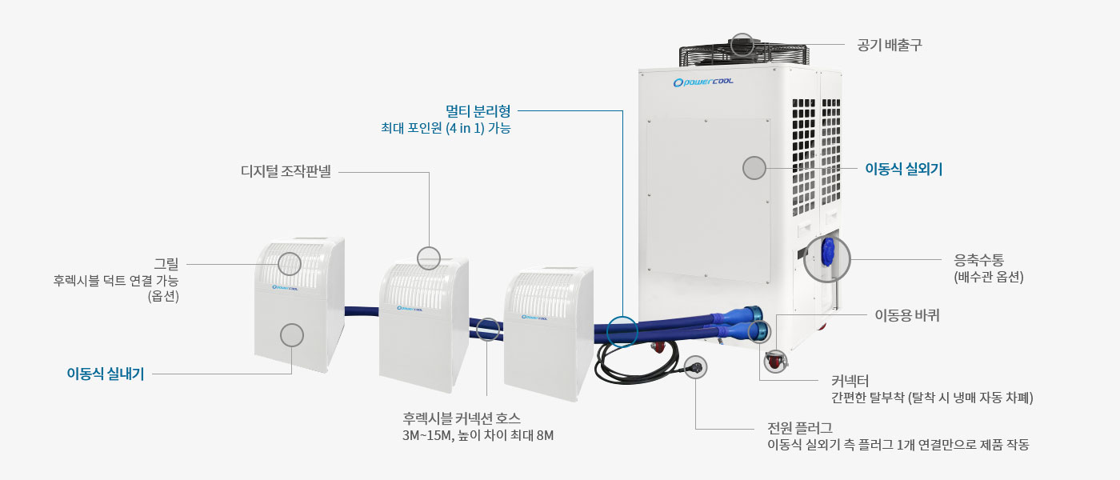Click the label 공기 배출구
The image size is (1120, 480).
click(890, 45)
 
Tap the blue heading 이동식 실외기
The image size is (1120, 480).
click(903, 169)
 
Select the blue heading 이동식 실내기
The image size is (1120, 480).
click(106, 374)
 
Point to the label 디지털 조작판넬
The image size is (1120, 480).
click(286, 171)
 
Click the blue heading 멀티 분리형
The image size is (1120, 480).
click(478, 111)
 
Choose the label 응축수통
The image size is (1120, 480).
click(978, 259)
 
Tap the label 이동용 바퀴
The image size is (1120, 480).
click(907, 315)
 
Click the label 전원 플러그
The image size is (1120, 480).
click(800, 428)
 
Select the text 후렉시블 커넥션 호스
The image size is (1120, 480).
click(462, 418)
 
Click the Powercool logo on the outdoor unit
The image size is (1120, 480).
click(703, 82)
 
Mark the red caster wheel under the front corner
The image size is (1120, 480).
click(775, 361)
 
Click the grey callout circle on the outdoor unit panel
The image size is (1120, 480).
click(754, 168)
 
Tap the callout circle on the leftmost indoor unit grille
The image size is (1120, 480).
click(289, 263)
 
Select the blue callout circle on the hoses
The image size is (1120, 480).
click(622, 331)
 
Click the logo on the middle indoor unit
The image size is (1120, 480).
click(410, 309)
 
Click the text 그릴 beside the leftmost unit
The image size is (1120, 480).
click(166, 263)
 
